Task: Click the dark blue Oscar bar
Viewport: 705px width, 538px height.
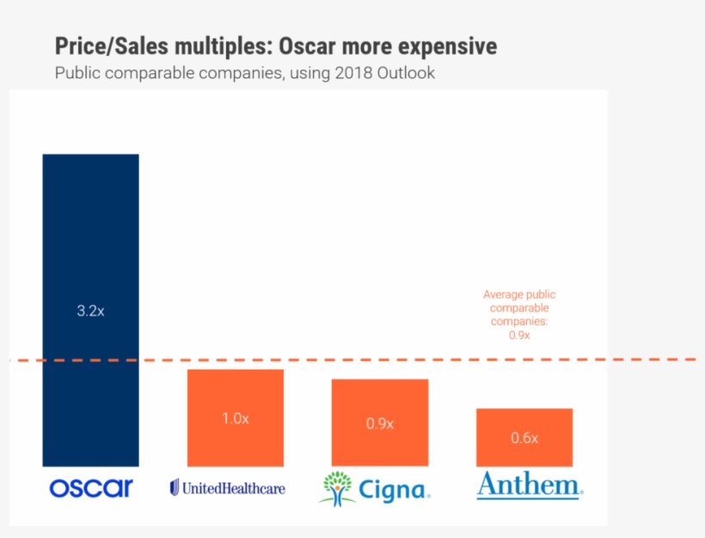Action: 90,258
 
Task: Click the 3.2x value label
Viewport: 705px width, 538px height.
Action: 90,311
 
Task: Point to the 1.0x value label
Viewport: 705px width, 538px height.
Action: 236,419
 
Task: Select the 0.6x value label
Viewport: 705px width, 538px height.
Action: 524,438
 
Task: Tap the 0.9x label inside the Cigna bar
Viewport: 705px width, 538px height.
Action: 379,424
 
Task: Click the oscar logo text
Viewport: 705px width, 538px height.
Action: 91,488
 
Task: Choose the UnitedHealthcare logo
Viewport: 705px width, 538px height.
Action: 228,488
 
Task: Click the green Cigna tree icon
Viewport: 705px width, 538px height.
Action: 337,486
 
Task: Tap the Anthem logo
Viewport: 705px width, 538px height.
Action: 530,486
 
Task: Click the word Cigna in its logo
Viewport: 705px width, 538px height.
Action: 391,490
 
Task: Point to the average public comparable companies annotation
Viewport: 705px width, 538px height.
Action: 518,315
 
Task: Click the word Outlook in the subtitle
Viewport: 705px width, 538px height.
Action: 408,73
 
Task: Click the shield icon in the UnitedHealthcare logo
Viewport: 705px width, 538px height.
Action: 175,488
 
